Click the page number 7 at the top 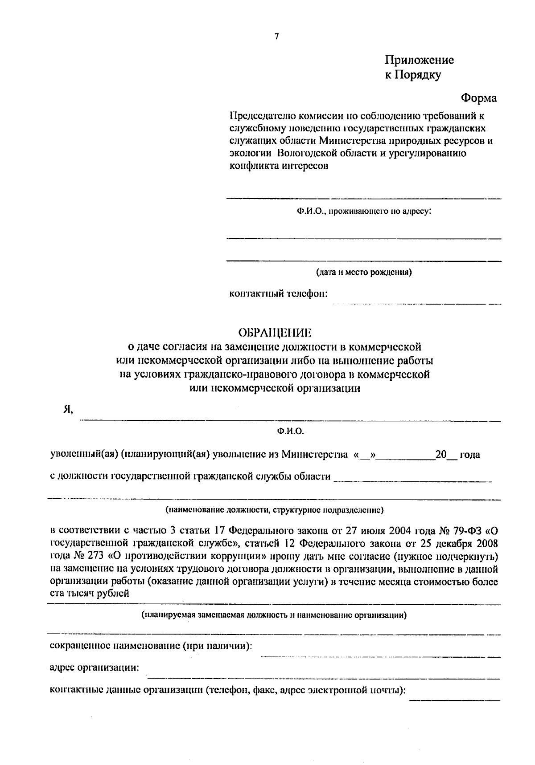click(x=276, y=37)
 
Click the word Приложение click(x=419, y=60)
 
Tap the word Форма click(x=478, y=98)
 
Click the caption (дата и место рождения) click(x=363, y=272)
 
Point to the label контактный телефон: click(x=279, y=294)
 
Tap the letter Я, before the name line click(x=68, y=411)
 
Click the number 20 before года click(x=441, y=455)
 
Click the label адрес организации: click(x=94, y=668)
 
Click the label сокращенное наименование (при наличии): click(x=151, y=646)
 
